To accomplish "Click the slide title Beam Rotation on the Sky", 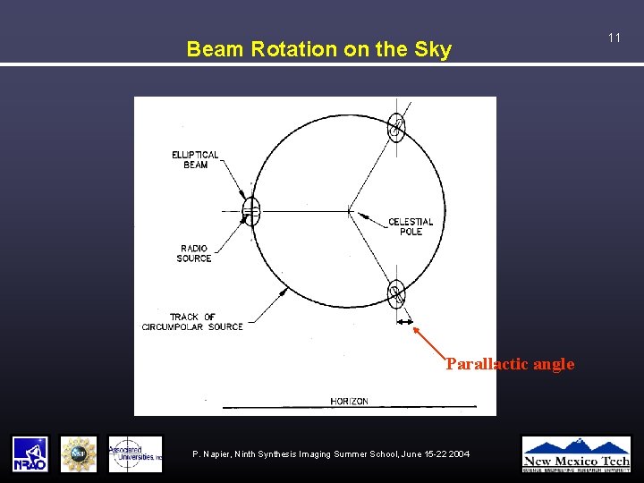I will click(x=318, y=50).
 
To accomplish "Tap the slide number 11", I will click(x=614, y=38).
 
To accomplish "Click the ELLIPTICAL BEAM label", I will click(x=195, y=160).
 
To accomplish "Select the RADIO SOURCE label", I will click(x=194, y=253).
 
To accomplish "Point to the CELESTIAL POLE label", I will click(x=411, y=226).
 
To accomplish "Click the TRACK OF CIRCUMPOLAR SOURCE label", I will click(x=192, y=322).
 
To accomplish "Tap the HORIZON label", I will click(x=349, y=402).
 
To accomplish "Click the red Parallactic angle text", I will click(x=510, y=364).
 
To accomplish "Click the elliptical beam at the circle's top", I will click(x=396, y=129).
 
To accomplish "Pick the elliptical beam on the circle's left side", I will click(x=251, y=211).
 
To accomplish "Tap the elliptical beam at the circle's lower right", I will click(x=396, y=293).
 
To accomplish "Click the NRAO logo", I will click(x=30, y=454).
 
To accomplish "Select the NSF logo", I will click(x=79, y=454).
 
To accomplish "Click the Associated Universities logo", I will click(x=135, y=454).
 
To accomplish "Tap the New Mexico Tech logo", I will click(x=576, y=453).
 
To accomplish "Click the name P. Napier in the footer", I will click(x=215, y=455).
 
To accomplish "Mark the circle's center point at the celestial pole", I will click(x=348, y=211).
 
